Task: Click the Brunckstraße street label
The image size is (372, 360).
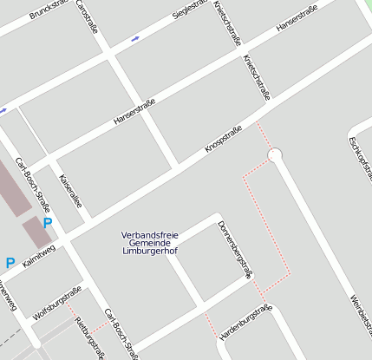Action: (49, 11)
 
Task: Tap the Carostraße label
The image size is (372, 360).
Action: (88, 16)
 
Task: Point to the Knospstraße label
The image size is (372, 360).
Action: (223, 139)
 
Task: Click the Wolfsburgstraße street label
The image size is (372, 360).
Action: (58, 300)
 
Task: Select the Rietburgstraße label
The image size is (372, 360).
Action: (90, 337)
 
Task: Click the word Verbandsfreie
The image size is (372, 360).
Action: (149, 235)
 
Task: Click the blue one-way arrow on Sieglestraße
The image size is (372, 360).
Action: (134, 39)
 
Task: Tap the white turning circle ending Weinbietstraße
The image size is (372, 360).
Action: (276, 155)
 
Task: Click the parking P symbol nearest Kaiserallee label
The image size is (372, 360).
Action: (48, 223)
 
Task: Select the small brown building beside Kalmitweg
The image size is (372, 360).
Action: (36, 232)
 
